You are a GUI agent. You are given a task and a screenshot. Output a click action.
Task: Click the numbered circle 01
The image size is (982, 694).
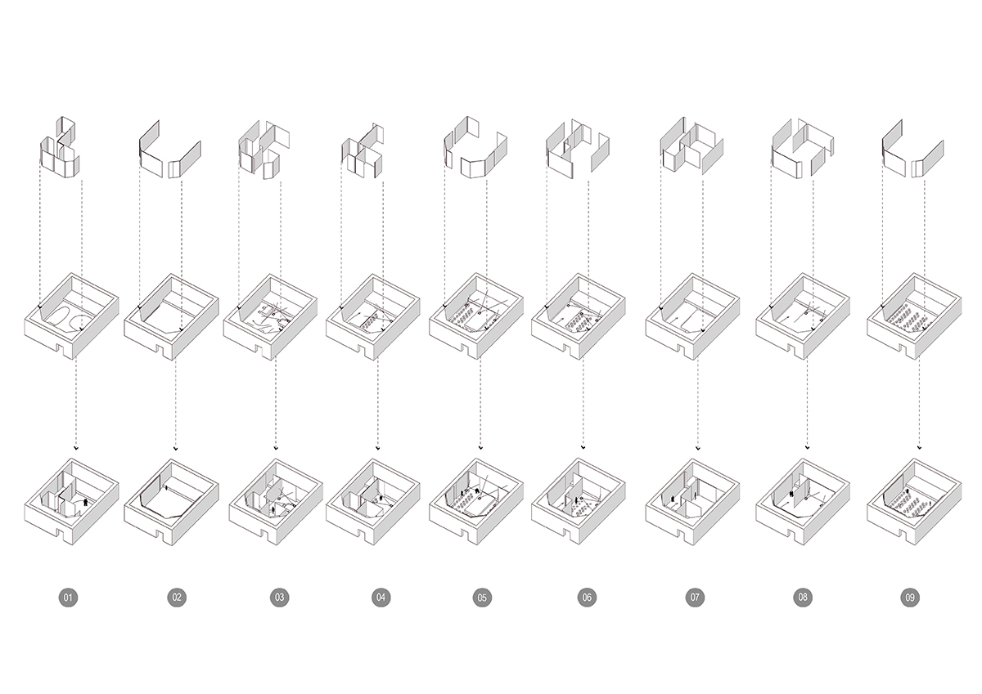click(69, 598)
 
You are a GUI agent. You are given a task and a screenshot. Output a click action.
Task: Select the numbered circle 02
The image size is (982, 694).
click(176, 598)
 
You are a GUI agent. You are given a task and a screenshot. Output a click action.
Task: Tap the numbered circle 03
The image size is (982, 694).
click(279, 598)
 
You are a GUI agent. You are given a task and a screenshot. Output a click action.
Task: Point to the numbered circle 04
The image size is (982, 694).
click(381, 598)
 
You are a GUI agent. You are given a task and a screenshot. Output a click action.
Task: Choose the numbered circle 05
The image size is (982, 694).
click(482, 598)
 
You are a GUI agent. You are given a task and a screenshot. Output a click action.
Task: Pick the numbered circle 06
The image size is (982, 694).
click(586, 598)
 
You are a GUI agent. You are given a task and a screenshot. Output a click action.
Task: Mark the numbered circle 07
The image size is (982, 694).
click(695, 598)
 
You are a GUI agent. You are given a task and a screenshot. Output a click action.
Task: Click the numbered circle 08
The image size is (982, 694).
click(803, 598)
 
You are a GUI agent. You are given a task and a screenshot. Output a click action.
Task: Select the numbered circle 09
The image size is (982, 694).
click(910, 598)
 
